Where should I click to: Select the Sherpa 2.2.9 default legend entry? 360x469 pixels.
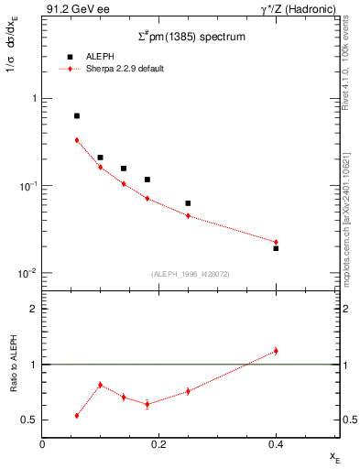click(125, 69)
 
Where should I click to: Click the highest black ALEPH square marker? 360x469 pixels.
click(76, 116)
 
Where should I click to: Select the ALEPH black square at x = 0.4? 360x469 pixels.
click(276, 248)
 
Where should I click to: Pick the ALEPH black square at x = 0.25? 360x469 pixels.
click(188, 203)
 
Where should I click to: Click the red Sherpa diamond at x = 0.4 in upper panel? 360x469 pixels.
click(276, 242)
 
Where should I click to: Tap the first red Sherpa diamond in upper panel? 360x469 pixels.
click(76, 140)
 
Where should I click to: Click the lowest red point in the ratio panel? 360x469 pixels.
click(76, 415)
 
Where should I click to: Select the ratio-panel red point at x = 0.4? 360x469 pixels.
click(276, 351)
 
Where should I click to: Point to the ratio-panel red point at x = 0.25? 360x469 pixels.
click(188, 391)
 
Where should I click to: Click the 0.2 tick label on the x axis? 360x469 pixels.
click(158, 444)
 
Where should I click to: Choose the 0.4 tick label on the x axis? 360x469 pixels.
click(276, 444)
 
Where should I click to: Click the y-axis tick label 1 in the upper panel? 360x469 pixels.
click(34, 98)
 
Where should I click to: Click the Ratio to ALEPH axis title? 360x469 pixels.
click(12, 364)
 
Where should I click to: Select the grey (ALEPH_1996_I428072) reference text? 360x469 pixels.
click(190, 274)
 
